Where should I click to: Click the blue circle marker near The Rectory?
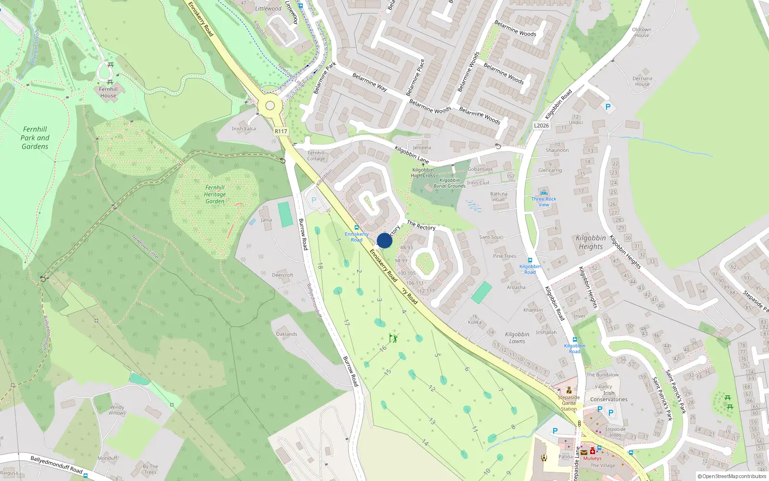pos(384,240)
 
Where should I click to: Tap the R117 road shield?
pos(281,131)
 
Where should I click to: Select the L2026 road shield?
pos(541,126)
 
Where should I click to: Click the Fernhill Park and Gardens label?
pos(35,138)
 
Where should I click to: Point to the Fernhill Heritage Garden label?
pos(215,194)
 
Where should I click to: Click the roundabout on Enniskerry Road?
pos(270,106)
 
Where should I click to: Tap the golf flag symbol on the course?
pos(393,338)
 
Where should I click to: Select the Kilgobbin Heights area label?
pos(591,242)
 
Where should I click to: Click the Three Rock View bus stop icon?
pos(544,193)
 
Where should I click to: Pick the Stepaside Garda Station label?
pos(569,403)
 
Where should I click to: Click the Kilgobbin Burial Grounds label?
pos(449,183)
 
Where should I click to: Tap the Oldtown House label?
pos(642,32)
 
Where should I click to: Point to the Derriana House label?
pos(642,81)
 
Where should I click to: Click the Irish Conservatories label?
pos(609,396)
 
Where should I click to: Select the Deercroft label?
pos(283,275)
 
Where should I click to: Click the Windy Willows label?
pos(117,410)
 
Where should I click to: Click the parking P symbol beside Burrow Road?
pos(314,200)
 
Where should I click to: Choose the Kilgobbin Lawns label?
pos(517,338)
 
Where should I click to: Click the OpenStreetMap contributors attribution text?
pos(732,477)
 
